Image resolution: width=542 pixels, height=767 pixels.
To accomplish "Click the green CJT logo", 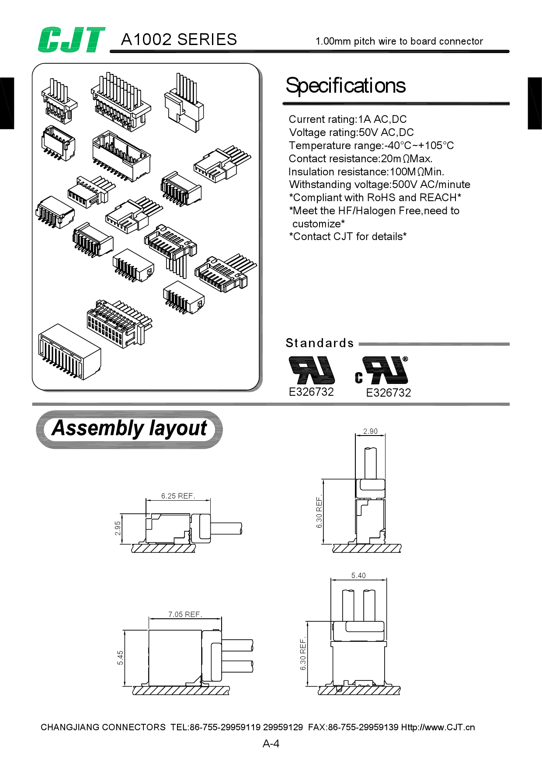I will [x=71, y=40].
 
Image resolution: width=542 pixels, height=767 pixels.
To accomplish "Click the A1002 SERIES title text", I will [x=179, y=40].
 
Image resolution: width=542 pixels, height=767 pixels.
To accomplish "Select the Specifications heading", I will [x=345, y=86].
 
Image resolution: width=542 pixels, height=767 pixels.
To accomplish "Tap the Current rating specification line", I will [x=347, y=119].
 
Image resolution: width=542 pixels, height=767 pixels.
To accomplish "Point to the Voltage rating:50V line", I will [x=351, y=132].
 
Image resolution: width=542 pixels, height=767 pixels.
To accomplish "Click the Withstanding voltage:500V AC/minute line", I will [x=379, y=185].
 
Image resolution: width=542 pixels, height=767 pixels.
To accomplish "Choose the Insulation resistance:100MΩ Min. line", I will [x=366, y=172].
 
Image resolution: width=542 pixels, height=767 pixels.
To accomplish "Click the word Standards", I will [x=320, y=343].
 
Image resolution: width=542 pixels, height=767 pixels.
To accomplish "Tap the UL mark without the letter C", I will [x=311, y=370].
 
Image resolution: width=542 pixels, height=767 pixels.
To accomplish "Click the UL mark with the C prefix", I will [x=382, y=370].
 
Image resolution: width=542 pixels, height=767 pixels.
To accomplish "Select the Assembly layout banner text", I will [x=129, y=428].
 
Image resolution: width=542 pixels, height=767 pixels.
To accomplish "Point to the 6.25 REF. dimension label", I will [x=178, y=496].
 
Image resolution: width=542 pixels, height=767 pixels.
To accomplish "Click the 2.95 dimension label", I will [x=118, y=528].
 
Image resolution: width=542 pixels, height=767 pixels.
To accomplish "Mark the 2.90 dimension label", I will [x=370, y=431].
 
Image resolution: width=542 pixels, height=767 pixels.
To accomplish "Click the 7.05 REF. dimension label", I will [x=185, y=614].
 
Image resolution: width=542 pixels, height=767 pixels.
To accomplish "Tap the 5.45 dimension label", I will [x=120, y=658].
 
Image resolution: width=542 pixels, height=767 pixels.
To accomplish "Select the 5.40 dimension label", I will [x=358, y=575].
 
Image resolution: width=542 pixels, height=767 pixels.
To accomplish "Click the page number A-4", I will [x=271, y=744].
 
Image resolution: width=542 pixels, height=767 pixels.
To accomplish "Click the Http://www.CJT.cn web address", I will [x=438, y=727].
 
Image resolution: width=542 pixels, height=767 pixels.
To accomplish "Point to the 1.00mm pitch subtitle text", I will [x=399, y=42].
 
